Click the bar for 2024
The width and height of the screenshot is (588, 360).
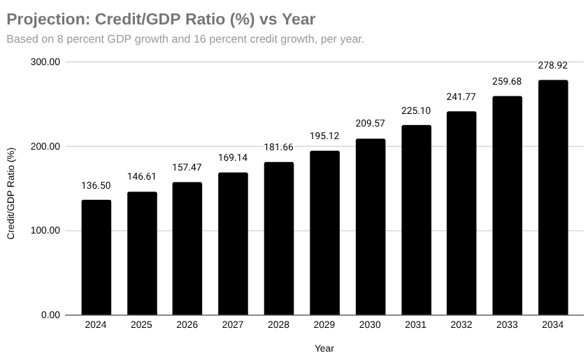pyautogui.click(x=96, y=257)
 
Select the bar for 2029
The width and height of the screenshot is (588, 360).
pyautogui.click(x=324, y=233)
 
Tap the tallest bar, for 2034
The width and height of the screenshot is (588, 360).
pyautogui.click(x=552, y=198)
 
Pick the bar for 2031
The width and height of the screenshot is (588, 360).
pyautogui.click(x=416, y=220)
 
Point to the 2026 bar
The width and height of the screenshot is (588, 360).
pyautogui.click(x=187, y=248)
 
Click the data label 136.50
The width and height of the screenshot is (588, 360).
pyautogui.click(x=96, y=185)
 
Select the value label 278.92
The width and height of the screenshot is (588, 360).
pyautogui.click(x=552, y=66)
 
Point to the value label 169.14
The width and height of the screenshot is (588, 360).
pyautogui.click(x=233, y=158)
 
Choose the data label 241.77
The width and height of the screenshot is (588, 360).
pyautogui.click(x=461, y=96)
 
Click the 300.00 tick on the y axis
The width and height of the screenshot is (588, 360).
pyautogui.click(x=45, y=62)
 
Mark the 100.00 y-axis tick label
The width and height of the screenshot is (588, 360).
pyautogui.click(x=45, y=231)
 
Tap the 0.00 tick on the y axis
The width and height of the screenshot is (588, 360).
pyautogui.click(x=50, y=315)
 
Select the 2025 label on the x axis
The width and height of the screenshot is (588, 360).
pyautogui.click(x=141, y=325)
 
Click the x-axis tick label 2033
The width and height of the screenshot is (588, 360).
pyautogui.click(x=507, y=325)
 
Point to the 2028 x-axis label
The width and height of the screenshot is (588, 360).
pyautogui.click(x=278, y=325)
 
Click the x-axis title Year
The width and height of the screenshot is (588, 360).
pyautogui.click(x=324, y=348)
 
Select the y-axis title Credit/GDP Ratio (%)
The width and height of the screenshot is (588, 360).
pyautogui.click(x=11, y=194)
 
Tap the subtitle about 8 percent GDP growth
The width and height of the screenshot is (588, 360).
pyautogui.click(x=185, y=39)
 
